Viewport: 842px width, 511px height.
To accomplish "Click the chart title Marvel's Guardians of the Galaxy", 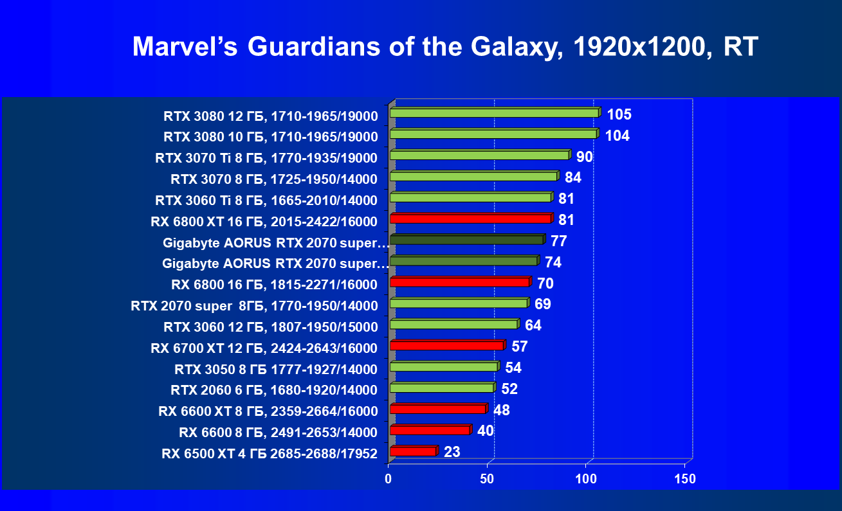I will pos(445,47).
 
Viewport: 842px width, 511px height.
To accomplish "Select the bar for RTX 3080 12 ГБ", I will pos(494,113).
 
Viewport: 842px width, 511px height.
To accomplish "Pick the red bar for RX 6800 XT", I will pos(470,219).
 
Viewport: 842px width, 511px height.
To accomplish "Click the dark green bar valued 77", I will pos(466,240).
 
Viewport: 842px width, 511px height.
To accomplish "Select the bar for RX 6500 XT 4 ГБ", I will pos(413,451).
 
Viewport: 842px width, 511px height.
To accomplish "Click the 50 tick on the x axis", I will pos(487,479).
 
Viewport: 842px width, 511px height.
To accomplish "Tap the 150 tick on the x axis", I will pos(684,479).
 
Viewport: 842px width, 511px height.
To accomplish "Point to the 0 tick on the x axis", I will pos(389,479).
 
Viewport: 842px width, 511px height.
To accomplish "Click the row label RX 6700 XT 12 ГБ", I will pos(264,348).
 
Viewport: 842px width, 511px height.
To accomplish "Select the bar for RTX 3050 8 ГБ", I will pos(444,366).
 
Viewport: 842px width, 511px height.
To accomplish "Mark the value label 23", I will pos(452,452).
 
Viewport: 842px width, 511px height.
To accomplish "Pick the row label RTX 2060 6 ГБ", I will pos(274,390).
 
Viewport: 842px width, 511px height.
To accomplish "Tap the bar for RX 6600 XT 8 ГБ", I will pos(437,409).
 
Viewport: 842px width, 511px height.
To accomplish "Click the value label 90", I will pos(585,157).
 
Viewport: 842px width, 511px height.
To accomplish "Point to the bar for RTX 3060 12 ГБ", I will pos(453,325).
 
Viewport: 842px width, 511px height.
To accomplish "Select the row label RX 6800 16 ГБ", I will pos(274,285).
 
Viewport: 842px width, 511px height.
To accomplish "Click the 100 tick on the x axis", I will pos(586,479).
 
